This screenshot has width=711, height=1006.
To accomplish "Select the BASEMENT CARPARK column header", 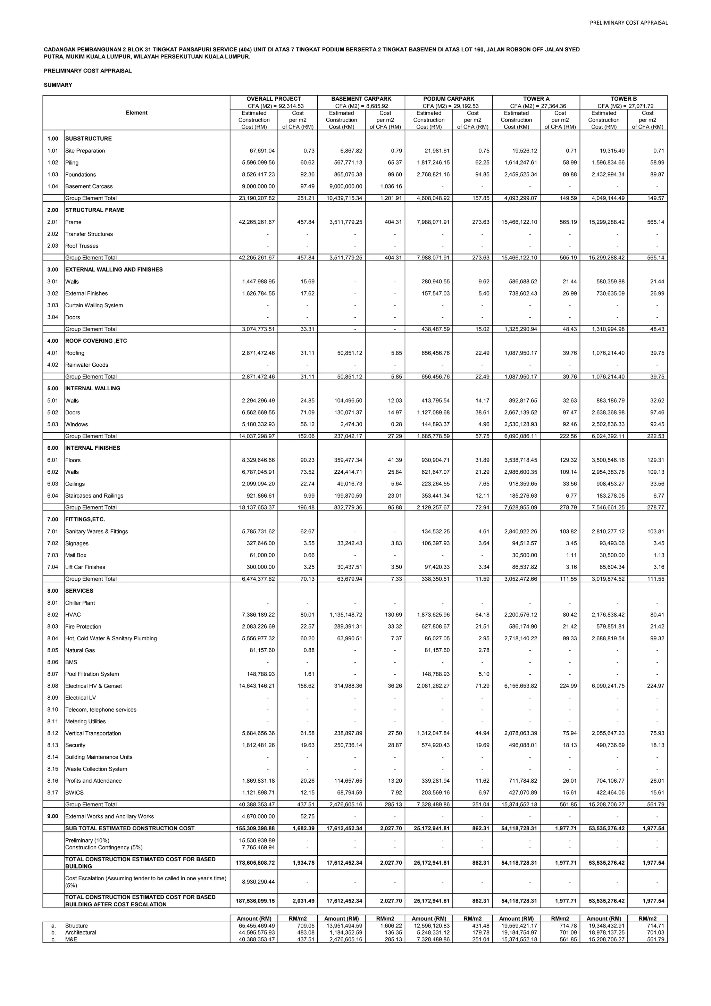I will pos(361,99).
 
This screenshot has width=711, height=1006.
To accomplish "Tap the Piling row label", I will pos(72,163).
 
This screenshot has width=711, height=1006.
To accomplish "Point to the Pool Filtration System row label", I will pos(92,674).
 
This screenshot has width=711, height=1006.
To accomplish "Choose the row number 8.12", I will pos(52,733).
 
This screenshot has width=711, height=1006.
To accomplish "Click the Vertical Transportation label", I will pos(93,733).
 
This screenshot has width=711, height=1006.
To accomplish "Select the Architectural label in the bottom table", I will pos(81,932).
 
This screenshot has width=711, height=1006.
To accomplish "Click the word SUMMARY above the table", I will pos(58,85).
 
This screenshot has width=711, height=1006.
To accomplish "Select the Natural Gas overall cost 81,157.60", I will pos(260,650).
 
